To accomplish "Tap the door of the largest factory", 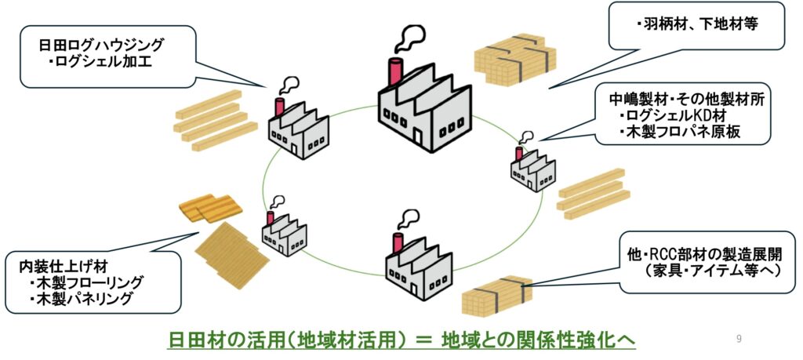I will [x=418, y=138].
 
